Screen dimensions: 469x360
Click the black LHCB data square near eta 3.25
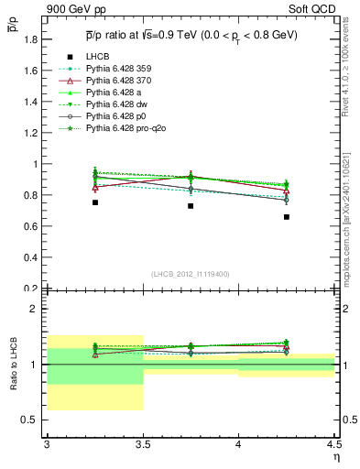point(94,202)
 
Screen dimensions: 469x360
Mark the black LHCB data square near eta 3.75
point(191,206)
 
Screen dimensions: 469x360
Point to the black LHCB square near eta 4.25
point(287,217)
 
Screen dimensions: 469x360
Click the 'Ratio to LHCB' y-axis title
point(14,366)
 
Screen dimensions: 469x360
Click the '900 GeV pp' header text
point(73,8)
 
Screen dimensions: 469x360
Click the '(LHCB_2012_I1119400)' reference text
point(190,275)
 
